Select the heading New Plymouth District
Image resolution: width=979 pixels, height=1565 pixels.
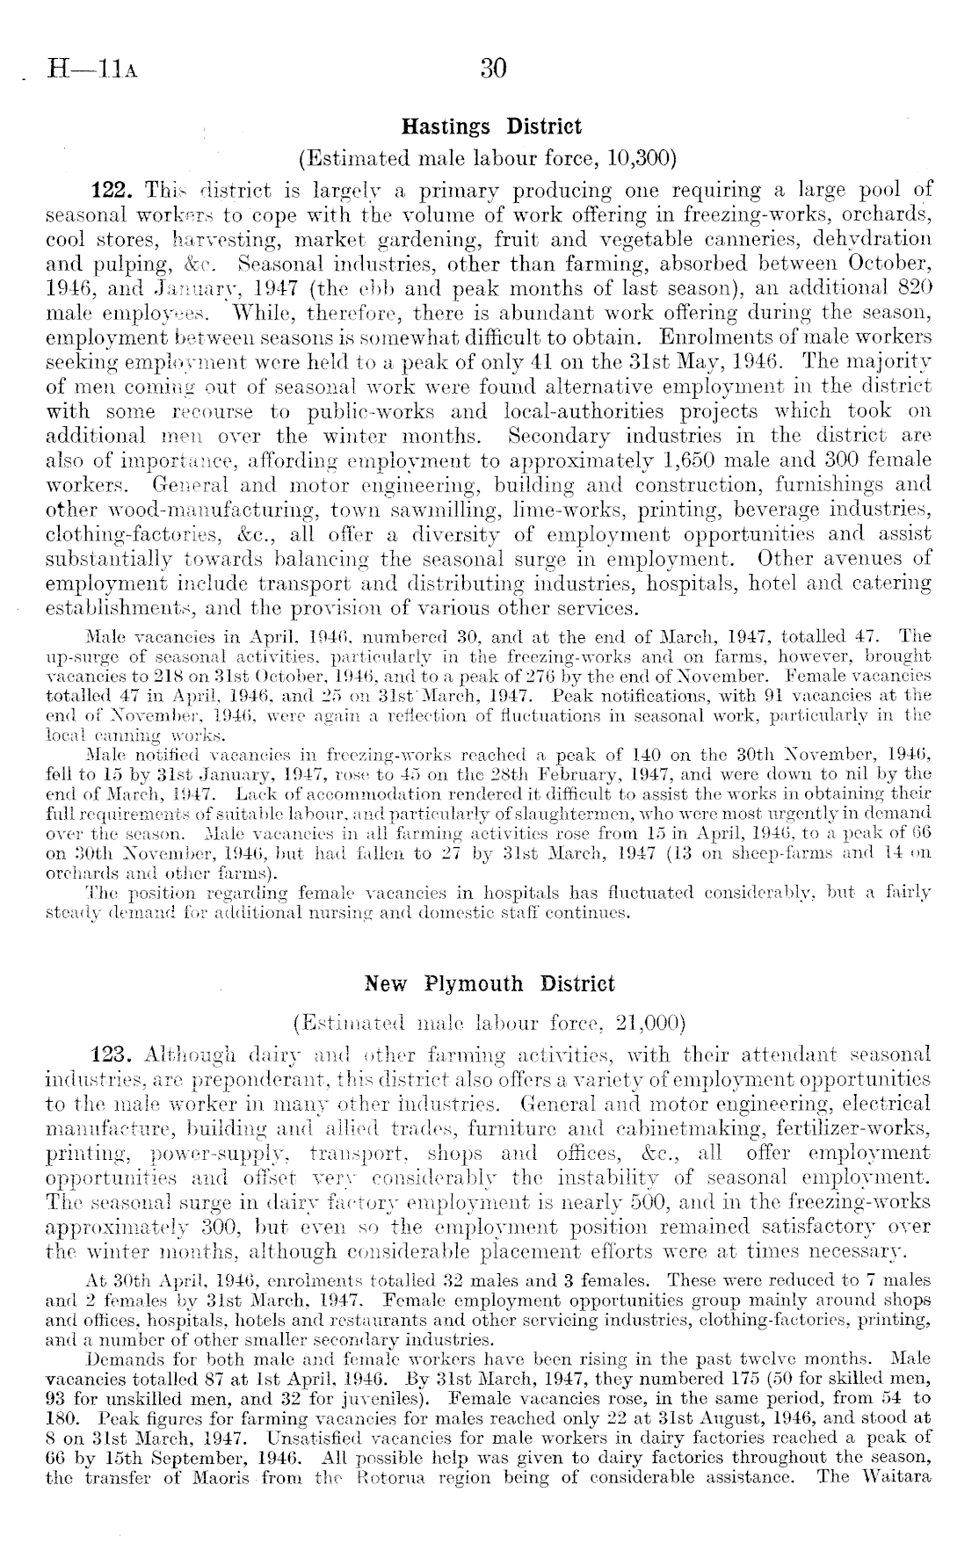[x=490, y=983]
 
